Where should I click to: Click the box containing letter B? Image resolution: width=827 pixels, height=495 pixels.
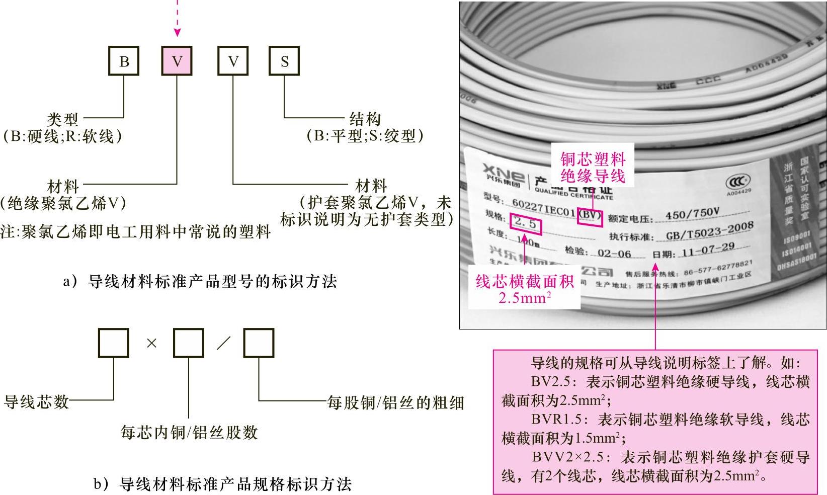pyautogui.click(x=124, y=61)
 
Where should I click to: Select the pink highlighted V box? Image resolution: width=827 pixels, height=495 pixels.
pyautogui.click(x=177, y=61)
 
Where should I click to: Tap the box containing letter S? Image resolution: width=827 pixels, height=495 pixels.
pyautogui.click(x=284, y=61)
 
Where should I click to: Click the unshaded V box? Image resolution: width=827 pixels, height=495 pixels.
pyautogui.click(x=233, y=61)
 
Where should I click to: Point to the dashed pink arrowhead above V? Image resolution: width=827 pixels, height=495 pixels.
pyautogui.click(x=177, y=32)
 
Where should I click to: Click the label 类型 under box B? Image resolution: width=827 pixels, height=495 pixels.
pyautogui.click(x=63, y=120)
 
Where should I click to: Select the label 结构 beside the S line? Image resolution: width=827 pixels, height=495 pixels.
pyautogui.click(x=365, y=119)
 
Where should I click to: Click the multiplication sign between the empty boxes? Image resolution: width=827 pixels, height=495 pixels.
pyautogui.click(x=151, y=343)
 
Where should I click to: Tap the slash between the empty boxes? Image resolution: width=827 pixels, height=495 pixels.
pyautogui.click(x=223, y=343)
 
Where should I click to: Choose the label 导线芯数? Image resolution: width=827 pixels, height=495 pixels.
pyautogui.click(x=36, y=401)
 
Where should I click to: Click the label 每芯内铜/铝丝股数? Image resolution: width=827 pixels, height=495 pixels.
pyautogui.click(x=189, y=432)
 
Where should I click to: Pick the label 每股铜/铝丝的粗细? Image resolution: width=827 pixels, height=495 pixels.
pyautogui.click(x=395, y=402)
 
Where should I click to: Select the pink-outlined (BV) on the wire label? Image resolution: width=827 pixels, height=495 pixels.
pyautogui.click(x=590, y=216)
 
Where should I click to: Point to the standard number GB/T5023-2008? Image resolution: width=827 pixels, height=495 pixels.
pyautogui.click(x=709, y=232)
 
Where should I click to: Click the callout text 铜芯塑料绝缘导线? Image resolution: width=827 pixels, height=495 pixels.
pyautogui.click(x=593, y=168)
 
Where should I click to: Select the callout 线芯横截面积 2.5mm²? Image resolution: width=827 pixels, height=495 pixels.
pyautogui.click(x=525, y=289)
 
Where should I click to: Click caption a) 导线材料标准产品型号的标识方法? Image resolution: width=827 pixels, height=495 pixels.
pyautogui.click(x=200, y=281)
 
